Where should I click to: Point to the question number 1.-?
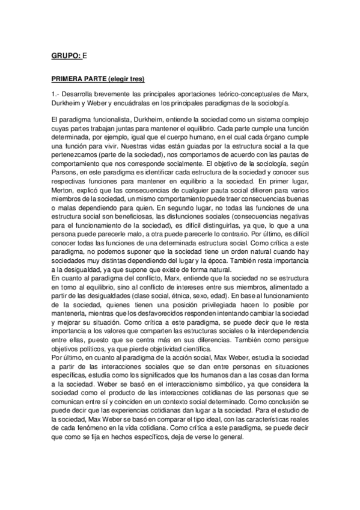click(x=56, y=94)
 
